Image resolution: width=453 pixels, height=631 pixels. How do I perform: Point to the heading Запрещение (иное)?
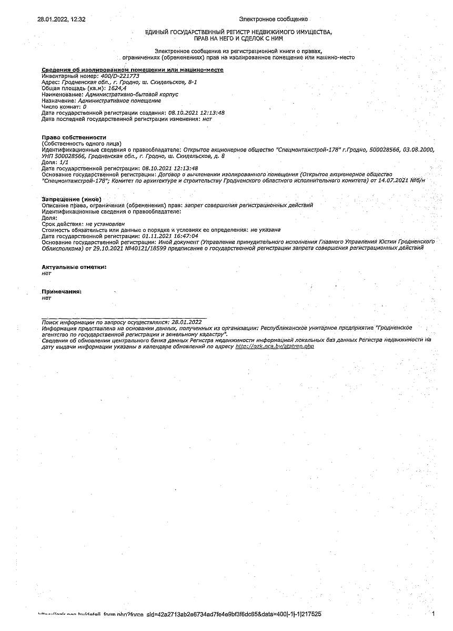71,199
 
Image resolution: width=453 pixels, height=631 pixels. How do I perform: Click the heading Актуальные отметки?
74,267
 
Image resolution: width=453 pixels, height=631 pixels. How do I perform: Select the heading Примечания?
62,291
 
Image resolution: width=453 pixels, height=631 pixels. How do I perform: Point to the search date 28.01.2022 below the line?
187,321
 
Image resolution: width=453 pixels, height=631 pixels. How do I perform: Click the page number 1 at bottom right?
433,614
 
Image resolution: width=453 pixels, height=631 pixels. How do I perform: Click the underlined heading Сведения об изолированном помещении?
133,70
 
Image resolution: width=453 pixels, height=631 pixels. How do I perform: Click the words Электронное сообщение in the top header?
273,19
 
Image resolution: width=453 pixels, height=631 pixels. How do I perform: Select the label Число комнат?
61,107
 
